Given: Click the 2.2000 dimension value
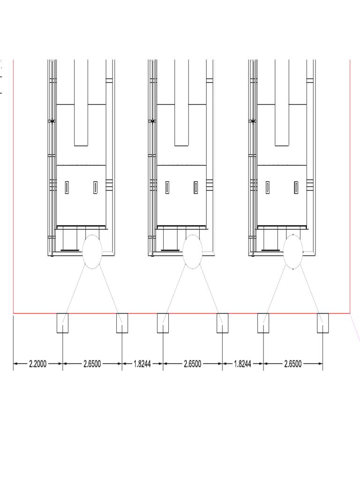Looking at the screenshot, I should tap(37, 364).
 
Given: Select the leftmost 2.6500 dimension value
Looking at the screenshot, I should tap(92, 364).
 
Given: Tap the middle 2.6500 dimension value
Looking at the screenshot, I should tap(193, 364).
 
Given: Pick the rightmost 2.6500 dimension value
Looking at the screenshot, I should tap(293, 364).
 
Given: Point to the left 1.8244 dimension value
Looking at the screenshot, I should tap(142, 364).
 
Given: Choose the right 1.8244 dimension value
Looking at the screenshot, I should tap(243, 364).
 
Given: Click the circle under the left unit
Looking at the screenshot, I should tap(92, 252).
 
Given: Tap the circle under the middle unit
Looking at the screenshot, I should tap(193, 252).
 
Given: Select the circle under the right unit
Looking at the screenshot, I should tap(293, 252).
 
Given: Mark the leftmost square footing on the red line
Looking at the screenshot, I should tap(62, 323).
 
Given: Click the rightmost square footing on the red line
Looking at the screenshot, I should tap(322, 323).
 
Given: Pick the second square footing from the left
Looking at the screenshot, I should tap(122, 323).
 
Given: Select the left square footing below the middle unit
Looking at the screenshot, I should tap(163, 323).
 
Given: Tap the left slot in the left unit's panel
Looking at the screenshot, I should tap(67, 187).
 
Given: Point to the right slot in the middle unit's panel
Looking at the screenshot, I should tap(195, 187).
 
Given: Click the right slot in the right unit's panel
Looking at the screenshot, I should tap(296, 187).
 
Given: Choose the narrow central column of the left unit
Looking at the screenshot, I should tap(81, 103).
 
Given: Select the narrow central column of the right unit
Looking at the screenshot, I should tap(282, 103).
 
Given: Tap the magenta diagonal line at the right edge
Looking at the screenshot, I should tap(356, 326).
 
